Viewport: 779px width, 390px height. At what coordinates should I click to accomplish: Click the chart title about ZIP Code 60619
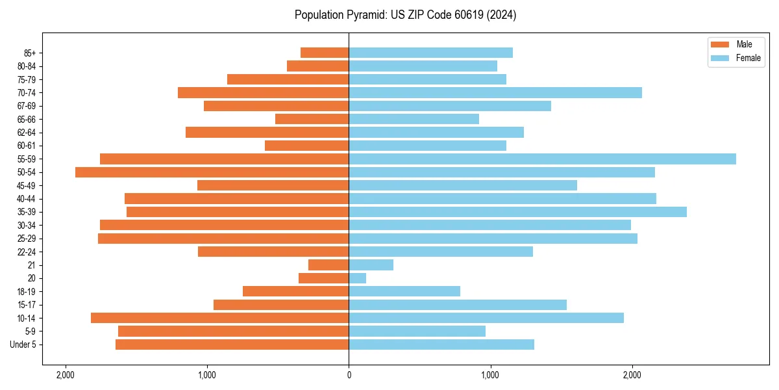405,15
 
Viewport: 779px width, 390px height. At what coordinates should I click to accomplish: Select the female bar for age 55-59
542,159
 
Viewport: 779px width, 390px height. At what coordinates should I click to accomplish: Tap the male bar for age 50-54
212,172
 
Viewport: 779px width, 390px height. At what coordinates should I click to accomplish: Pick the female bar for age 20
357,278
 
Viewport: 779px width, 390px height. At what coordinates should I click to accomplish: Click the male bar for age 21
328,265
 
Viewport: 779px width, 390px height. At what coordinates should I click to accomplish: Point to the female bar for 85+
430,53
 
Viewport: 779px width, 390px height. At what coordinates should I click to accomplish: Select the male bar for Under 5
232,344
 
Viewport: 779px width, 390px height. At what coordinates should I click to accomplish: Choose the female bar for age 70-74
495,92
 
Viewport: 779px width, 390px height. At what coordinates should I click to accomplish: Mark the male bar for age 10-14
219,318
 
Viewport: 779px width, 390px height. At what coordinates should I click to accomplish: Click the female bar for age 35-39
517,212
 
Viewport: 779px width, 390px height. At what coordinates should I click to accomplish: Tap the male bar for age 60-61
306,146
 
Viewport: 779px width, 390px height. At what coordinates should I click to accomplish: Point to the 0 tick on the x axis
349,375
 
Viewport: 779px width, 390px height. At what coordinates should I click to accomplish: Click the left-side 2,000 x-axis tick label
65,375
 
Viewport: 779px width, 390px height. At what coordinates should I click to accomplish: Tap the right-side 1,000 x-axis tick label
490,375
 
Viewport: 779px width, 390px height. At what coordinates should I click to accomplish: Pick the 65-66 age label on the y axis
27,119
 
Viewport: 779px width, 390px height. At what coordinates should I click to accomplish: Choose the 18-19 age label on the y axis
27,291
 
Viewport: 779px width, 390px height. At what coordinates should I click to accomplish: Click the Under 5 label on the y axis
23,344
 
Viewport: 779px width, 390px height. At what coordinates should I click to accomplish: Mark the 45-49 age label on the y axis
27,185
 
